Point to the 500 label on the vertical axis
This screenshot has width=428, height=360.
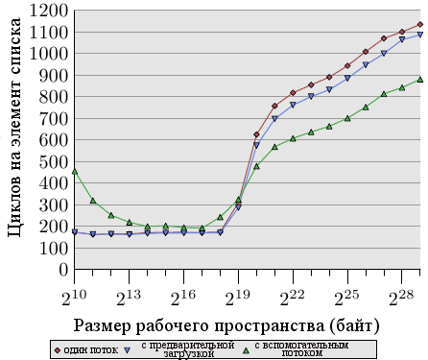pyautogui.click(x=54, y=162)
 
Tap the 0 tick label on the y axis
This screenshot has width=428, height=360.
pyautogui.click(x=63, y=270)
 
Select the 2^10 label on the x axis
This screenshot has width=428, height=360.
pyautogui.click(x=74, y=299)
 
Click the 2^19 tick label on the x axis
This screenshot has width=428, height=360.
pyautogui.click(x=238, y=299)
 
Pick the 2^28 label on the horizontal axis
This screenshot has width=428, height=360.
pyautogui.click(x=401, y=299)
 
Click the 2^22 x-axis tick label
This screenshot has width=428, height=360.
pyautogui.click(x=293, y=299)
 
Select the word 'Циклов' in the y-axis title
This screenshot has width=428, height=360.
pyautogui.click(x=14, y=209)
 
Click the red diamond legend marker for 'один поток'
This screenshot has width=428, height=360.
pyautogui.click(x=58, y=350)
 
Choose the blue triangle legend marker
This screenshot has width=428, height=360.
pyautogui.click(x=128, y=350)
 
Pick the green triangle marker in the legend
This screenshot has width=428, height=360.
pyautogui.click(x=246, y=350)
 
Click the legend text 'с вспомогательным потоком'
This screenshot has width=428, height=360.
pyautogui.click(x=301, y=349)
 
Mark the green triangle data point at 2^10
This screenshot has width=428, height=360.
pyautogui.click(x=75, y=172)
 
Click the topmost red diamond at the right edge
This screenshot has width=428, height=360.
pyautogui.click(x=420, y=24)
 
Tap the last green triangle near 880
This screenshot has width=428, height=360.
pyautogui.click(x=420, y=80)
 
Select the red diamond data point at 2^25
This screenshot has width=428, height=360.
pyautogui.click(x=347, y=66)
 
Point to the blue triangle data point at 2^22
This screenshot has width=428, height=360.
pyautogui.click(x=293, y=105)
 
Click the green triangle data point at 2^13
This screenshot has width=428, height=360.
pyautogui.click(x=130, y=222)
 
